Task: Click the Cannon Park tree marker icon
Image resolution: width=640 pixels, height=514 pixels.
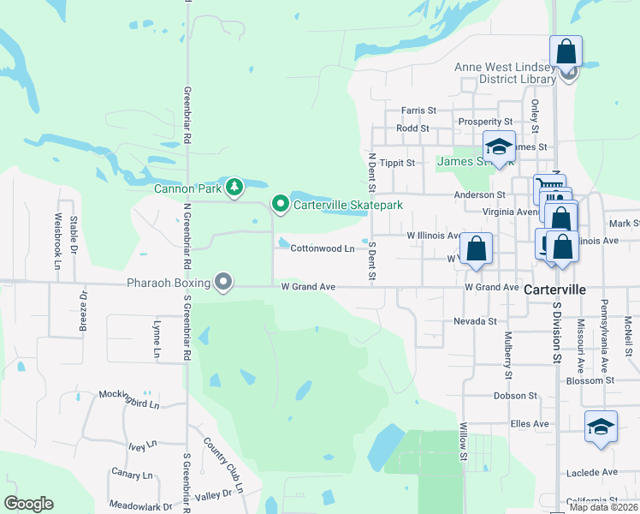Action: pos(234,188)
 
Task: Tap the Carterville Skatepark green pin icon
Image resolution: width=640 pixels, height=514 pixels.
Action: pos(280,204)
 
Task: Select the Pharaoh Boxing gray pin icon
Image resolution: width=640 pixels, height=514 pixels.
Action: pos(223,282)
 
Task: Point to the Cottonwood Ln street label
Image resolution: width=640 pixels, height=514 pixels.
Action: pos(323,248)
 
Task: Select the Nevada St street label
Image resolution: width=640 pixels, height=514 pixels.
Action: pos(475,321)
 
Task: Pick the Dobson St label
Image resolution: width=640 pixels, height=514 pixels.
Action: pos(515,396)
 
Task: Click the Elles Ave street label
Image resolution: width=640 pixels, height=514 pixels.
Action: pos(529,423)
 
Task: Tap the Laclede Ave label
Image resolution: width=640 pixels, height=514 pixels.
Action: pos(591,472)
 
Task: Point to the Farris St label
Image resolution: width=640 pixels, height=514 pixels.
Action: pos(419,111)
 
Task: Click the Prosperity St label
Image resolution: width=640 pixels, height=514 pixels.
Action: pos(485,123)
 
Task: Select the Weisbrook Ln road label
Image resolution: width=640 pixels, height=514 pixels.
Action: pos(57,242)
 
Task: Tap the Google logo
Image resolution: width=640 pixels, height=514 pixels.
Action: pos(28,504)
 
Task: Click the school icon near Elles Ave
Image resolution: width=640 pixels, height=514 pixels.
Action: pos(601,427)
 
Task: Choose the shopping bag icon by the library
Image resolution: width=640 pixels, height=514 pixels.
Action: pos(566,51)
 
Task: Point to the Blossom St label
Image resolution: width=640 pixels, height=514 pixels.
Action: pos(596,380)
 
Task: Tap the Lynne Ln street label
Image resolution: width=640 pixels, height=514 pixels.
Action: pos(157,339)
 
